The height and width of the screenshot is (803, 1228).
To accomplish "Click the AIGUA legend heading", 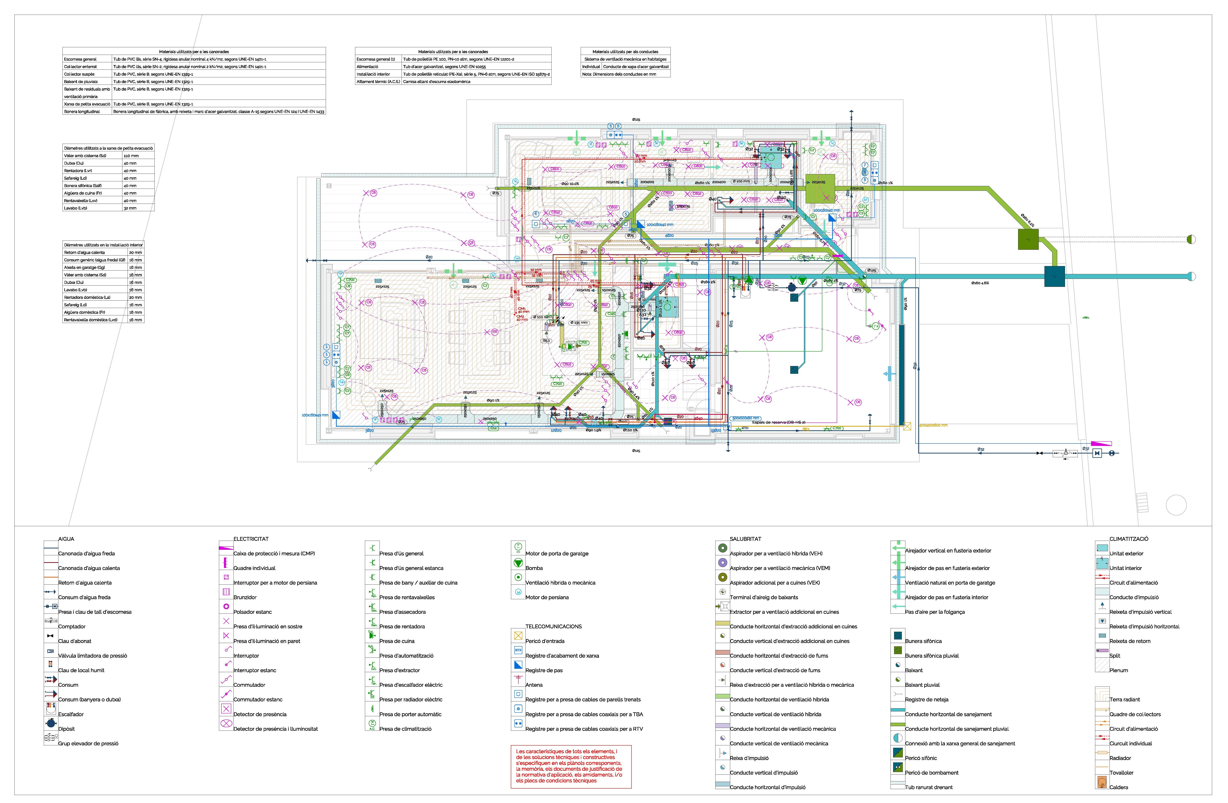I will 66,539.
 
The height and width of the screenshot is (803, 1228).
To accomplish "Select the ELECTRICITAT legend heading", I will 251,539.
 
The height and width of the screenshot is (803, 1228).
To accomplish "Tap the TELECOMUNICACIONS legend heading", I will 553,626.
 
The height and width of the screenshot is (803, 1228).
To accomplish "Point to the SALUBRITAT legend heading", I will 745,539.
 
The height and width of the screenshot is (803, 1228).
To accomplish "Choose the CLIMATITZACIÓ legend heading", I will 1128,539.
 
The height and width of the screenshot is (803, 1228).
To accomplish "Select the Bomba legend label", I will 534,568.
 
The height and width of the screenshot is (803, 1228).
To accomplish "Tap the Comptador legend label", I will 72,626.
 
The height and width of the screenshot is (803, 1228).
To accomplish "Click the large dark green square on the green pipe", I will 1028,240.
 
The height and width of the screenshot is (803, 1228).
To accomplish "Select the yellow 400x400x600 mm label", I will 933,426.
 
